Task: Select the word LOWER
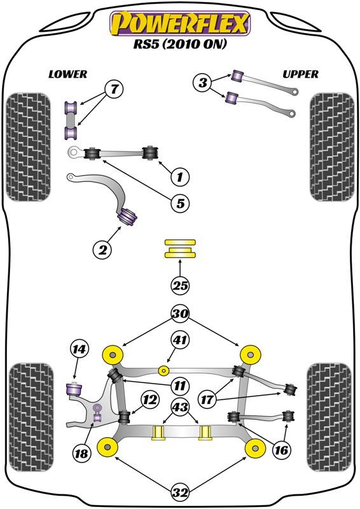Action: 67,74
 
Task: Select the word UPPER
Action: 300,74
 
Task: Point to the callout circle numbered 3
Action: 203,82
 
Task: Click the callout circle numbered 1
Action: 180,176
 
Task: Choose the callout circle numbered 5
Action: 180,204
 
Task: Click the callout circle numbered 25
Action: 181,286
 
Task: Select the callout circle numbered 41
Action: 181,342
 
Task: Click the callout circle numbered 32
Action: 181,491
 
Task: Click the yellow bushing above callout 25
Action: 181,248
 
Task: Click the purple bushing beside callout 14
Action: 76,386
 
